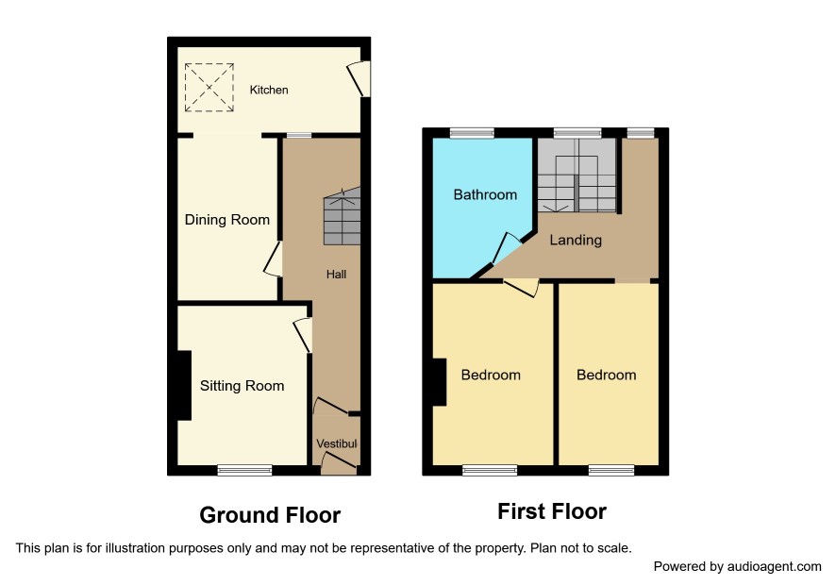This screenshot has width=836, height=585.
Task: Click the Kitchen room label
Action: (269, 90)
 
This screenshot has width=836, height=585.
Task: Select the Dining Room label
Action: (227, 220)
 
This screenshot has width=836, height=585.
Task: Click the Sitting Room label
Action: (242, 386)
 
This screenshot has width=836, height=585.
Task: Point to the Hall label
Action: (337, 275)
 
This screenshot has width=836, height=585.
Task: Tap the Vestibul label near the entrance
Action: (337, 443)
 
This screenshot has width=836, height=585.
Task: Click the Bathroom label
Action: (485, 194)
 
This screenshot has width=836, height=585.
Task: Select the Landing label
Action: (576, 240)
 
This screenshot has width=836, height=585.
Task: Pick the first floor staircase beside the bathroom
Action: (577, 175)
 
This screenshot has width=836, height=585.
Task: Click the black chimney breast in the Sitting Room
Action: (184, 385)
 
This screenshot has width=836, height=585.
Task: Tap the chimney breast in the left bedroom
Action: (439, 382)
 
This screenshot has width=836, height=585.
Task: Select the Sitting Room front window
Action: (245, 470)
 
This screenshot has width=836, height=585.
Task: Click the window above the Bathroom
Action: (473, 133)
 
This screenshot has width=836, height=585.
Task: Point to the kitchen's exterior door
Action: (359, 78)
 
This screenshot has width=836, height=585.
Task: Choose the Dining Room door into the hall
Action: (273, 259)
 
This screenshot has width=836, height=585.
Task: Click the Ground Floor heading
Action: (270, 515)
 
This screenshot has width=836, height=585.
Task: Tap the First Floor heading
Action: (552, 511)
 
